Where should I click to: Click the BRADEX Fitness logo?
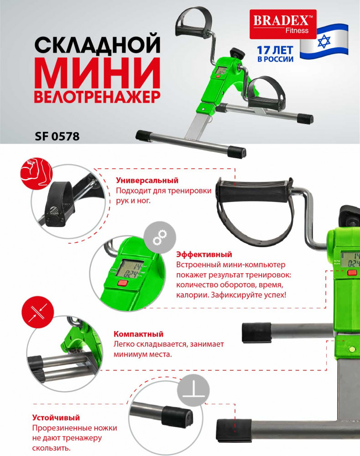coord(283,24)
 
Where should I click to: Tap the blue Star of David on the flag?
coord(324,41)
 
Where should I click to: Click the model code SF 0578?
coord(57,136)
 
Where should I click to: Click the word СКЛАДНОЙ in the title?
coord(98,44)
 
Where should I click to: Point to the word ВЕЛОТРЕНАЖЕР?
coord(98,97)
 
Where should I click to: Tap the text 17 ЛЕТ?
coord(275,50)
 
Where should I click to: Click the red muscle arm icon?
coord(37,173)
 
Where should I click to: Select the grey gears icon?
coord(160,238)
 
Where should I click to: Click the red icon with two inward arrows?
coord(38,312)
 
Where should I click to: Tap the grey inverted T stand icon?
coord(193,390)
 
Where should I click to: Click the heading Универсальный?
coord(147,180)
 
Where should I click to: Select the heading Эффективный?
coord(204,254)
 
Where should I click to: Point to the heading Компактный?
coord(138,334)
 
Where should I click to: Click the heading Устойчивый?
coord(56,418)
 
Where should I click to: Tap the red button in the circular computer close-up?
coord(123,283)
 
